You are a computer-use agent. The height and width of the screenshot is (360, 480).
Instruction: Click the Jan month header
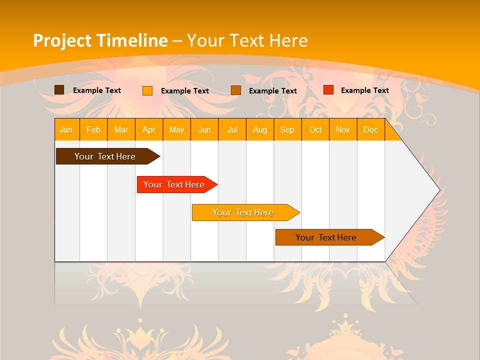coord(66,129)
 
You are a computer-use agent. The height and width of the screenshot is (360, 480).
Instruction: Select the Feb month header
coord(93,129)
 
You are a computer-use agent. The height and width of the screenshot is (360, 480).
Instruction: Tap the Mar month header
coord(121,129)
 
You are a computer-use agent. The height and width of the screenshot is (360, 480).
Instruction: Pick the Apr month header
coord(149,129)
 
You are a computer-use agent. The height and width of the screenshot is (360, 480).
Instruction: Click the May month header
coord(176,129)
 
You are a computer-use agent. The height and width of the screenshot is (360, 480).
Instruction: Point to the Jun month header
coord(204,129)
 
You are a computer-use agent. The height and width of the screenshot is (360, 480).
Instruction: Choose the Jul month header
coord(232,129)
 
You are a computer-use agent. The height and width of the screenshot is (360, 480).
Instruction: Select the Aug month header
coord(260,129)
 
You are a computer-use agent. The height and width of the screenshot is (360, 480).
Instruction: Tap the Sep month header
coord(287,129)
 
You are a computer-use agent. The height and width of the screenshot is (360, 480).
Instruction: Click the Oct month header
coord(315,129)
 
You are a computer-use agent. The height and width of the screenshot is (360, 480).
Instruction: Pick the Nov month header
coord(343,129)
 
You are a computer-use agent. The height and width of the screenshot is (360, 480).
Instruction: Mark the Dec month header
coord(371,129)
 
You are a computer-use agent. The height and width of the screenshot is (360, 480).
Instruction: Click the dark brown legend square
coord(59,90)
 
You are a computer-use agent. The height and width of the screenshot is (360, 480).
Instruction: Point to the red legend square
coord(328,90)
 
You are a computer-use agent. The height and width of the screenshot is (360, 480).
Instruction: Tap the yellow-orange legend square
coord(147,90)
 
